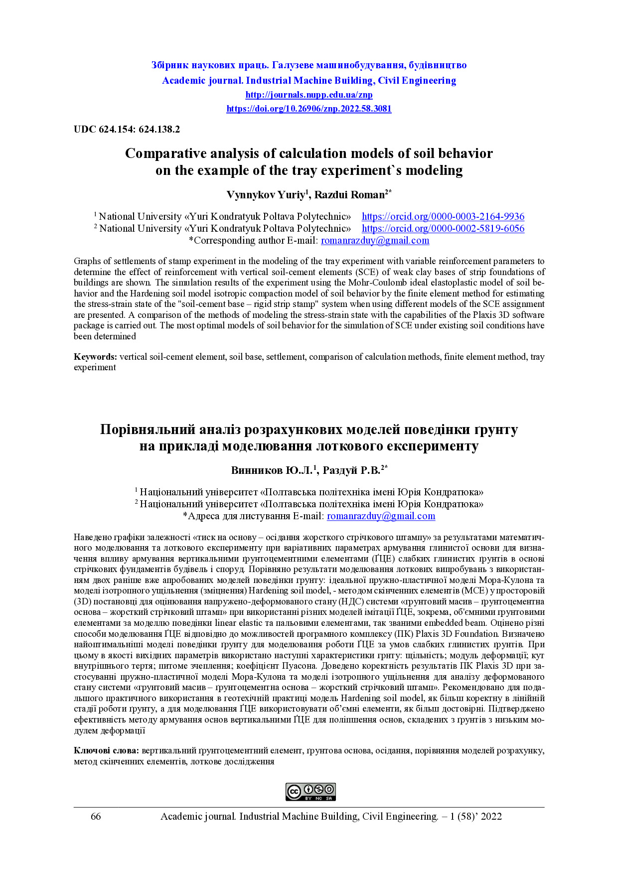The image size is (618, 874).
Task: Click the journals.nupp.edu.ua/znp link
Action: point(309,95)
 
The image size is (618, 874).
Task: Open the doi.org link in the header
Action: point(309,109)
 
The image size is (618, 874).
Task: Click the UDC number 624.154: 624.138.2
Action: point(127,130)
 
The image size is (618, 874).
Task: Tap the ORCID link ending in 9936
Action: point(443,217)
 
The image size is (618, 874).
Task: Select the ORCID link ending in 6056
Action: point(443,229)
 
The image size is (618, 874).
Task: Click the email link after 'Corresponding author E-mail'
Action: point(375,241)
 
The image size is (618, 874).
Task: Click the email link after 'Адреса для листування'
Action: point(381,516)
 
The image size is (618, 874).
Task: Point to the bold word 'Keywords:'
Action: point(95,357)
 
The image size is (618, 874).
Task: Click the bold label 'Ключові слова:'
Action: point(106,750)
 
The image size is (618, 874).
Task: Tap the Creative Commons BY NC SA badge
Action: point(310,792)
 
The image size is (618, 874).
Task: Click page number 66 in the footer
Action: point(96,817)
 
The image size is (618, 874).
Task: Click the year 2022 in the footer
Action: point(491,817)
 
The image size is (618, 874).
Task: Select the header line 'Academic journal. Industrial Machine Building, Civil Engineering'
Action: point(309,81)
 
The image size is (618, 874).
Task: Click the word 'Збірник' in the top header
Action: point(170,65)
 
